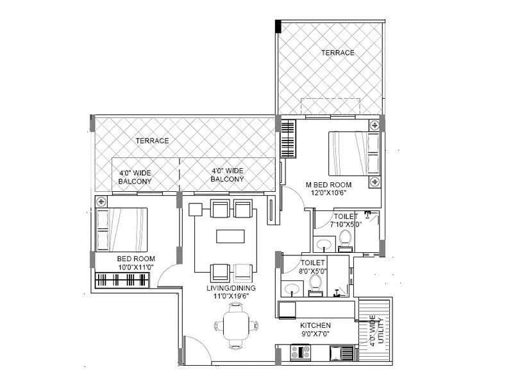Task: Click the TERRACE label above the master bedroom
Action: (337, 53)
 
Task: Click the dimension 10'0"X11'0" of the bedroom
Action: (135, 267)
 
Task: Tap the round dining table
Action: (235, 326)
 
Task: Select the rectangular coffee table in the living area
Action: (230, 237)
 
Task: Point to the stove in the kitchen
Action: (301, 352)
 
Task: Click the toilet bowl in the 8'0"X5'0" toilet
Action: (315, 283)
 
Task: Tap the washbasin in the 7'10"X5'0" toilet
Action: (324, 244)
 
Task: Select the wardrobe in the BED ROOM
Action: (122, 280)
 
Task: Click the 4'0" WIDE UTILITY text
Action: (376, 330)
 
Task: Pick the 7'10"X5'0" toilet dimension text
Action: (346, 225)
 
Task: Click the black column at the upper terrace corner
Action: (278, 26)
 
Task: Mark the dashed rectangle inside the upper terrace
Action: (330, 107)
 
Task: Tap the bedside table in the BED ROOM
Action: (101, 202)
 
